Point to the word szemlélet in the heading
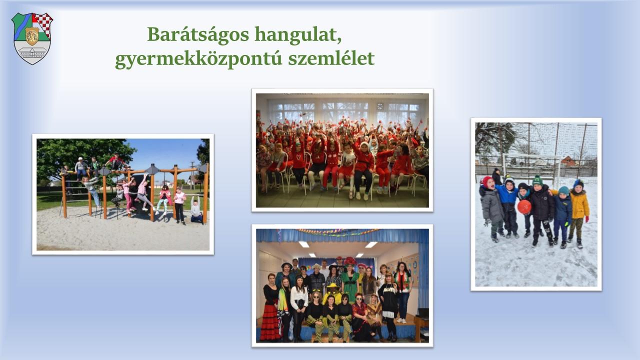tap(331, 58)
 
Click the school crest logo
tap(32, 38)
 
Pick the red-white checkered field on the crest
tap(43, 24)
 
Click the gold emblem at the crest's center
tap(32, 36)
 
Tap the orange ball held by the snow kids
tap(524, 207)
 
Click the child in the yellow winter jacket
tap(579, 213)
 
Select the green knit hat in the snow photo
tap(537, 181)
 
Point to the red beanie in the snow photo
tap(487, 181)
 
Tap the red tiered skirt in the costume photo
tap(269, 322)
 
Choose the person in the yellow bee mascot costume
tap(332, 293)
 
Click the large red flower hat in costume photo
tap(349, 261)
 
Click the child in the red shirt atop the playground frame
tap(115, 162)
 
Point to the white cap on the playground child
tap(80, 158)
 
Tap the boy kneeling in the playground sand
tap(196, 211)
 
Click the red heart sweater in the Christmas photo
tap(299, 160)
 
